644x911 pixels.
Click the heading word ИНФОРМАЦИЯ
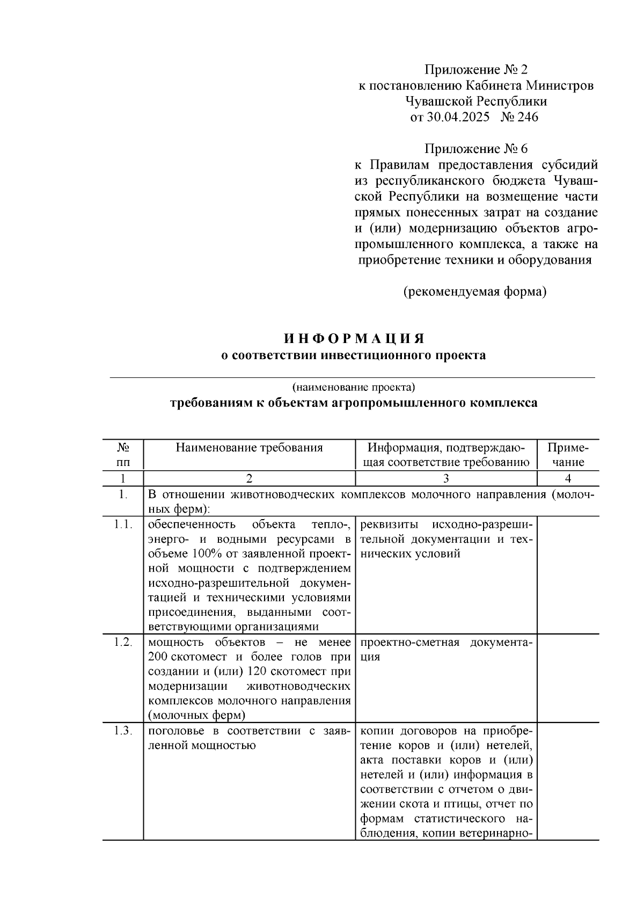tap(354, 339)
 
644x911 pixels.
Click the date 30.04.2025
tap(458, 117)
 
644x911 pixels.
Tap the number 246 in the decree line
tap(528, 117)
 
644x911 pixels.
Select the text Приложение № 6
tap(476, 149)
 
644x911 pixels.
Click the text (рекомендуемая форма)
tap(475, 292)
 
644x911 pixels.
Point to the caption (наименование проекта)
tap(354, 387)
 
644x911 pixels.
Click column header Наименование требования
tap(249, 448)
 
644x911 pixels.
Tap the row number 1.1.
tap(123, 524)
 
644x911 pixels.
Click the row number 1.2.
tap(123, 643)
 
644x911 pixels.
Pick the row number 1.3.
tap(123, 731)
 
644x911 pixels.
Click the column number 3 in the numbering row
tap(446, 479)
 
